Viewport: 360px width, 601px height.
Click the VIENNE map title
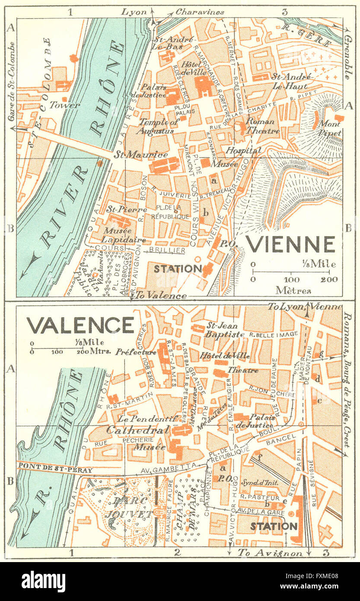point(290,244)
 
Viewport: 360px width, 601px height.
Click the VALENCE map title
point(80,325)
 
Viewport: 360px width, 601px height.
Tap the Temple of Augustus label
point(159,126)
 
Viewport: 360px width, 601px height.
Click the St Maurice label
point(140,154)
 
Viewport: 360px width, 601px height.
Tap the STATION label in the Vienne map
point(178,269)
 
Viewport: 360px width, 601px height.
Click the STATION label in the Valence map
point(274,526)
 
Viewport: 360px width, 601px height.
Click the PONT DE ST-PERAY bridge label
point(48,466)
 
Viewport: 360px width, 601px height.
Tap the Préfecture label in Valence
point(136,352)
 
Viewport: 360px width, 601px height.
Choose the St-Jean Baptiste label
point(219,330)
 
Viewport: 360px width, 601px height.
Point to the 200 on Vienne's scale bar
point(329,279)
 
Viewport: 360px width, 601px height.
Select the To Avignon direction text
point(270,553)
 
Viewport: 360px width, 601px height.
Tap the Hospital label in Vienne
point(243,150)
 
